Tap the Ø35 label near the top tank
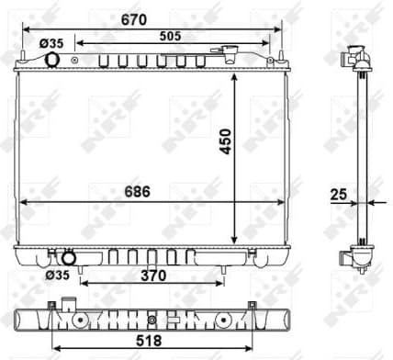(51, 43)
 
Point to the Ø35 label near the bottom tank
(57, 274)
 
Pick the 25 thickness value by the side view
(339, 194)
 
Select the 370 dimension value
(152, 274)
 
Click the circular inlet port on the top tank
(52, 61)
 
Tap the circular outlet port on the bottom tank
(67, 257)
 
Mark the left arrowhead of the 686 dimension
(21, 202)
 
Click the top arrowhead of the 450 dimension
(237, 76)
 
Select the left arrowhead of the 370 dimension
(84, 282)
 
